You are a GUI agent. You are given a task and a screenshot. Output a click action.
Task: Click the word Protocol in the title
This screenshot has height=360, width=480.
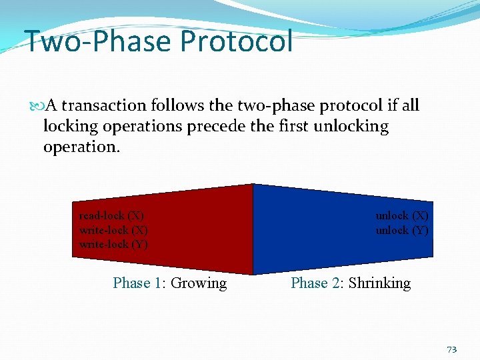coord(236,41)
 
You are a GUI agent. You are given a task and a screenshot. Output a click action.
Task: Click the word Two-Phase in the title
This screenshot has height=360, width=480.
coord(97,41)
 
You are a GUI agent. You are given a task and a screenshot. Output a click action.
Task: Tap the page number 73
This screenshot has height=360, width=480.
coord(452,349)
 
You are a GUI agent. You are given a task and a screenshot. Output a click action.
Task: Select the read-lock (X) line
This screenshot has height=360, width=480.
coord(111,216)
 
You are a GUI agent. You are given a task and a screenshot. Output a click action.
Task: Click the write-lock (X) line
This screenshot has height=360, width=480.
coord(113,230)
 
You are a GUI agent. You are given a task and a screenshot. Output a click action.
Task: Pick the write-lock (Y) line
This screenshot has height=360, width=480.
coord(113,244)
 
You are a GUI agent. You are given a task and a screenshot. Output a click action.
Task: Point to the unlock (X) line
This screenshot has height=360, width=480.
coord(402,216)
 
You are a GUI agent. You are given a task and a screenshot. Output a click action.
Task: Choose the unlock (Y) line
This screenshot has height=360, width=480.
coord(402,230)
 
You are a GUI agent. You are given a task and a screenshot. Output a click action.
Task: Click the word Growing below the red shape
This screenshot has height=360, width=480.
coord(199,283)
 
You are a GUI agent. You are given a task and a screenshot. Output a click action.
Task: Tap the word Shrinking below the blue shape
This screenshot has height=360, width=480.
coord(379,283)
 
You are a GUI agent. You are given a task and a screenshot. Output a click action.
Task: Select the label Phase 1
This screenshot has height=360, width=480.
coord(137,283)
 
